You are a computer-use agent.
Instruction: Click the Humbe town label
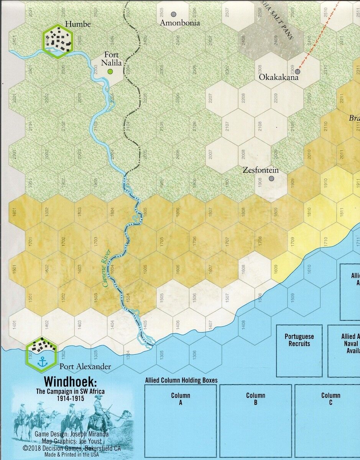tap(78, 25)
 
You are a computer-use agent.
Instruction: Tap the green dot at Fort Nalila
tap(110, 71)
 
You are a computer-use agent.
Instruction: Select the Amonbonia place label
tap(180, 23)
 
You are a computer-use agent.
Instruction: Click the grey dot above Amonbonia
tap(174, 14)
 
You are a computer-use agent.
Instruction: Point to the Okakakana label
tap(278, 77)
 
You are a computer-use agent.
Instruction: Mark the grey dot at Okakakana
tap(298, 71)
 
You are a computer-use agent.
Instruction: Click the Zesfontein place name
tap(261, 170)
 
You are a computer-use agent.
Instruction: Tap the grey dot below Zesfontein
tap(271, 178)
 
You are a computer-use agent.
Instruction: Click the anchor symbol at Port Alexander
tap(42, 361)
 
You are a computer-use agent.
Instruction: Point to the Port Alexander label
tap(85, 366)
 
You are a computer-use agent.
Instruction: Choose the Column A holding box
tap(180, 420)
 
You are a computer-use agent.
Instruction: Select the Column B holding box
tap(255, 420)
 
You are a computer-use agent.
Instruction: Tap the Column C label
tap(330, 399)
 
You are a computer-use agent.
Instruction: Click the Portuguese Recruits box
tap(299, 350)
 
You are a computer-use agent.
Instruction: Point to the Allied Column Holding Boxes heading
tap(181, 380)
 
